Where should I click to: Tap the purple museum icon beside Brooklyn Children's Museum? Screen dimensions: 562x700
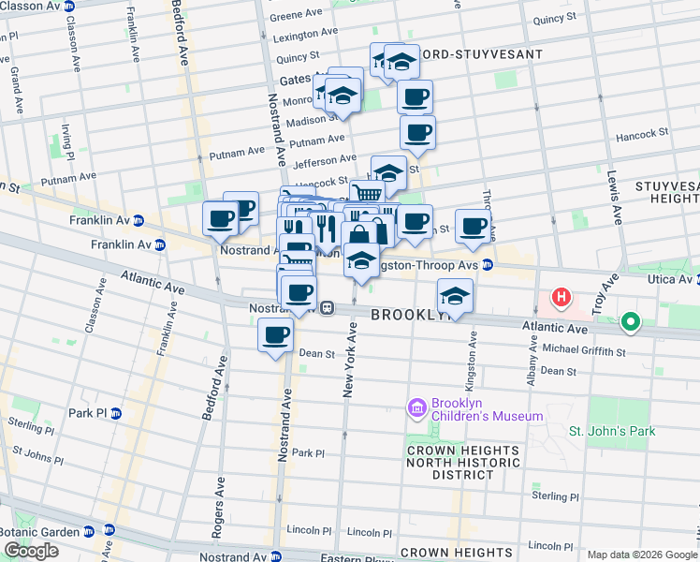417,408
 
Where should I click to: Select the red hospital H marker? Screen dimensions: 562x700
561,298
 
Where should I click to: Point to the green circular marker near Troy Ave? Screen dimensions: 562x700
631,324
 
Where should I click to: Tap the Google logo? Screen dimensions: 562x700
32,551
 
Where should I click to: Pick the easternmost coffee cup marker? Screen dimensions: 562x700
474,226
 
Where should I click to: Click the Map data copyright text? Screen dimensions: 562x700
642,555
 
